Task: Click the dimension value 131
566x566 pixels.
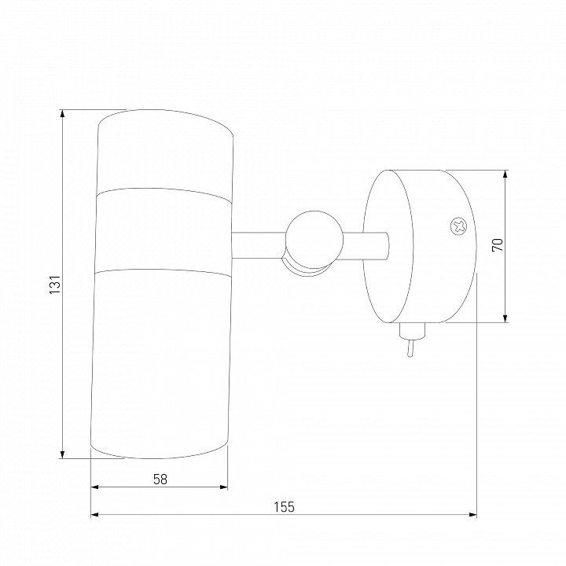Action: (x=55, y=284)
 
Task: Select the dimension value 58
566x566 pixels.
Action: (x=160, y=480)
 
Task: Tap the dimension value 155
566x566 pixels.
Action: (x=284, y=507)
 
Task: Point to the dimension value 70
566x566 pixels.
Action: (x=498, y=245)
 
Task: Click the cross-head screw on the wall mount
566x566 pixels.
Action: (x=458, y=226)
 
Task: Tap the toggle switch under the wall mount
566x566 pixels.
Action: (x=411, y=340)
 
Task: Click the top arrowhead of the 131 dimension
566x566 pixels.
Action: (x=62, y=113)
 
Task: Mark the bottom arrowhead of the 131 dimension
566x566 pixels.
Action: (x=62, y=454)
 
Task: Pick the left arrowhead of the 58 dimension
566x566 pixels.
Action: (x=94, y=487)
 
